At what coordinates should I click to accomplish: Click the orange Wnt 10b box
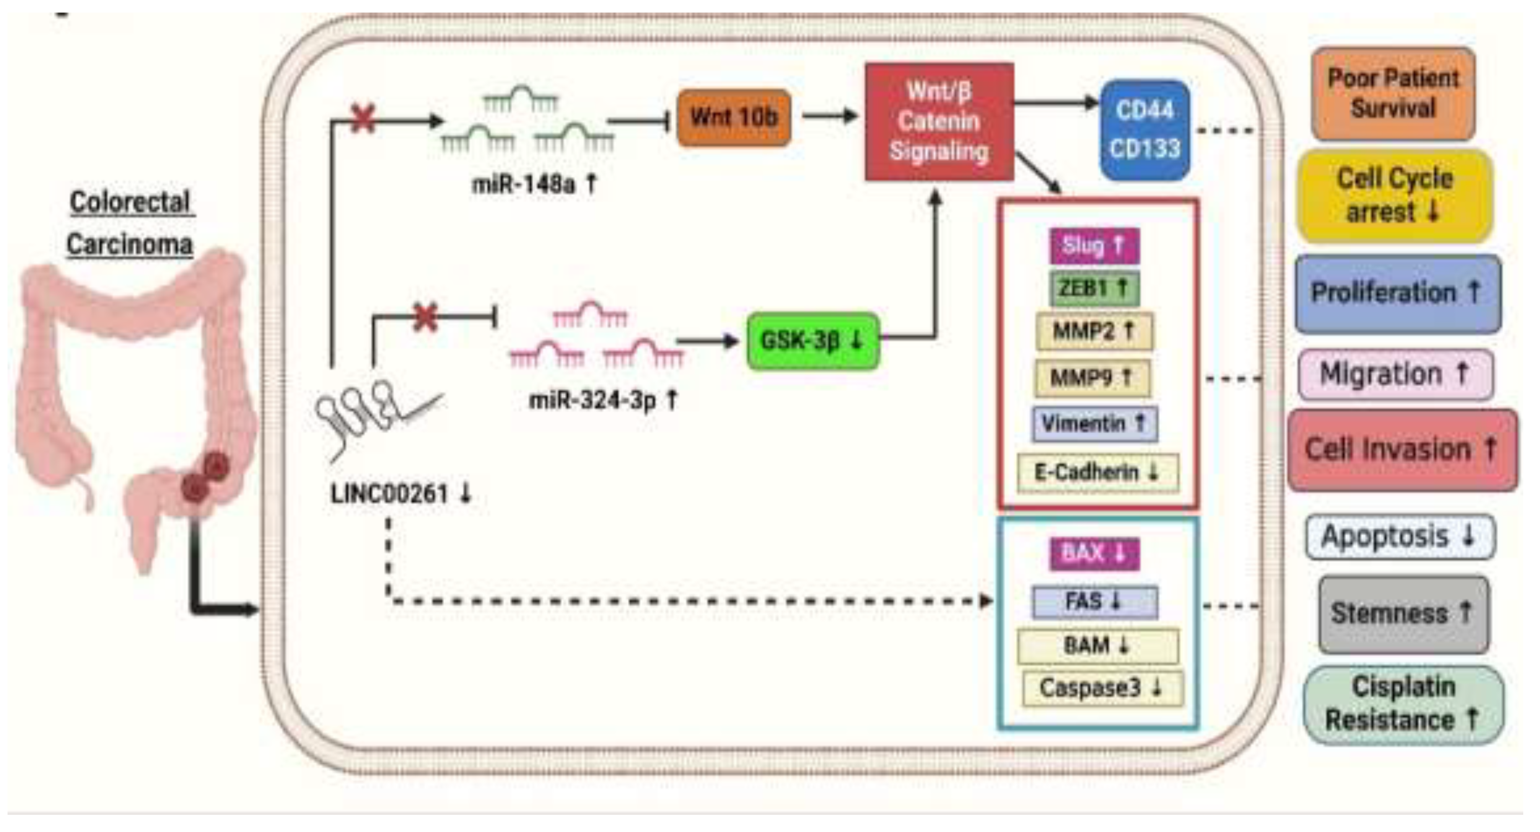coord(733,117)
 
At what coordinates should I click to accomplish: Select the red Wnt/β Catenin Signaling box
coord(939,121)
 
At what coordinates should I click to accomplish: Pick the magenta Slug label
coord(1094,245)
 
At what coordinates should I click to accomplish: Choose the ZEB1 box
coord(1094,288)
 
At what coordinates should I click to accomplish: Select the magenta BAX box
coord(1094,553)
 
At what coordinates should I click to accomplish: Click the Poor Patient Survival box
coord(1392,94)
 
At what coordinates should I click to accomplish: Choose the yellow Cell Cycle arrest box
coord(1394,196)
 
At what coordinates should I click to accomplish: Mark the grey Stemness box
coord(1403,614)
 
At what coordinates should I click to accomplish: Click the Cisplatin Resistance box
coord(1403,704)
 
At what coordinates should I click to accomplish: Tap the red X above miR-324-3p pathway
coord(425,318)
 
